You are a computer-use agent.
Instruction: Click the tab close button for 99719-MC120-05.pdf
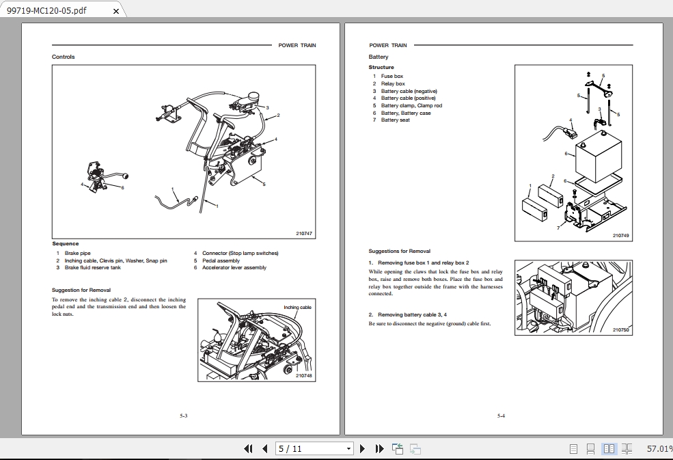pyautogui.click(x=115, y=11)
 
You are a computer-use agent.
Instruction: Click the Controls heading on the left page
pyautogui.click(x=64, y=57)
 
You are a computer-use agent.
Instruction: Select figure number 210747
pyautogui.click(x=303, y=234)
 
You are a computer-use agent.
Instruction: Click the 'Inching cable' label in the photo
pyautogui.click(x=297, y=308)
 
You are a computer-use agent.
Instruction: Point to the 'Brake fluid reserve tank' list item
pyautogui.click(x=92, y=267)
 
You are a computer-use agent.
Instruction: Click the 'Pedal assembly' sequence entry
pyautogui.click(x=221, y=260)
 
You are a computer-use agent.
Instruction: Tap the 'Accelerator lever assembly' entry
pyautogui.click(x=234, y=267)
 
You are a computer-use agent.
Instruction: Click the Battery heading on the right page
pyautogui.click(x=379, y=57)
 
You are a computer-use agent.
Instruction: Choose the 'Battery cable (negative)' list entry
pyautogui.click(x=409, y=91)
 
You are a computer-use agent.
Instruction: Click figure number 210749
pyautogui.click(x=620, y=235)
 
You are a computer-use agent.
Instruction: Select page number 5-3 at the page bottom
pyautogui.click(x=184, y=416)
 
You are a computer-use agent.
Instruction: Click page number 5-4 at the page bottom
pyautogui.click(x=501, y=416)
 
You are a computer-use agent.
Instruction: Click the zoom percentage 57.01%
pyautogui.click(x=659, y=449)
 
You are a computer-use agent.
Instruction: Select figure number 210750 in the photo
pyautogui.click(x=620, y=330)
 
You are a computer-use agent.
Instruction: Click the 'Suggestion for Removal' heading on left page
pyautogui.click(x=81, y=290)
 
